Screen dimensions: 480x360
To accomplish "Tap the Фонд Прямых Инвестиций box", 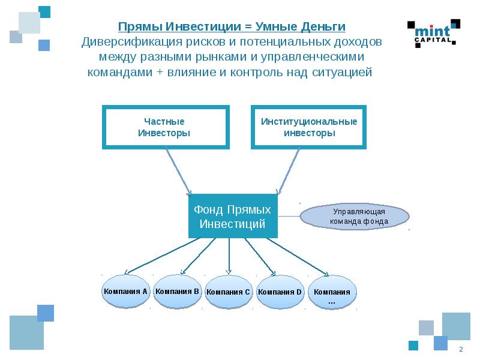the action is (x=233, y=216).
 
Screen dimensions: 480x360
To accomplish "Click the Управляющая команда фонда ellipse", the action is (x=355, y=217).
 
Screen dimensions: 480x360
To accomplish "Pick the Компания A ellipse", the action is (x=125, y=292).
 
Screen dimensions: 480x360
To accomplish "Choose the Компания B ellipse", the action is (x=177, y=292).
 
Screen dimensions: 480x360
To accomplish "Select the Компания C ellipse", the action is (x=229, y=292).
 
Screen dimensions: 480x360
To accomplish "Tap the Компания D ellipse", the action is (x=280, y=292).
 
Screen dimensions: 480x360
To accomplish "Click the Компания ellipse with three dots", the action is (x=332, y=292).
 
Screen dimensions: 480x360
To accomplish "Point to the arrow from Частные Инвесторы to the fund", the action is (x=178, y=172).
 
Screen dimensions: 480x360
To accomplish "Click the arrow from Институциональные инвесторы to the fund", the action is (x=289, y=172).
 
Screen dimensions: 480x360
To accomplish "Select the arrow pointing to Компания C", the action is (x=229, y=256).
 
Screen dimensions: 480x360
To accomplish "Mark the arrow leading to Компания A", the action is (x=162, y=256).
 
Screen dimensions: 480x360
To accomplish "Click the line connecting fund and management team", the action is (x=289, y=216).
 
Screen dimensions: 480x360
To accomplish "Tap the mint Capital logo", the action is (x=434, y=34).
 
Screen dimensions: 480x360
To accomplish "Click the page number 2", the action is (x=461, y=349).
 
